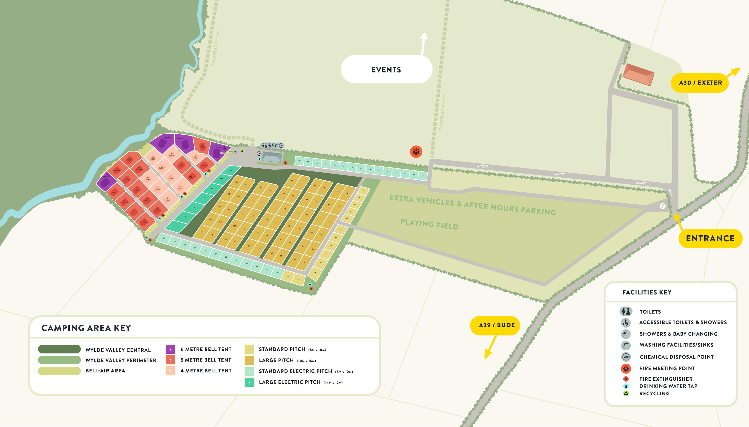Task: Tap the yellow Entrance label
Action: point(710,238)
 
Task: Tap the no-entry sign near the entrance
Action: point(662,206)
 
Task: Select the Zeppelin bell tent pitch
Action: point(163,142)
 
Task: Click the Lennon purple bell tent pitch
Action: point(106,181)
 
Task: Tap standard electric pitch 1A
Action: point(422,175)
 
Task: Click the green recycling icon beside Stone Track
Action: point(242,151)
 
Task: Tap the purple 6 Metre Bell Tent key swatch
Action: point(170,349)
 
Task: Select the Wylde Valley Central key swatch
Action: point(59,349)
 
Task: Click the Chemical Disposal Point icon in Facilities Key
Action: point(626,357)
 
